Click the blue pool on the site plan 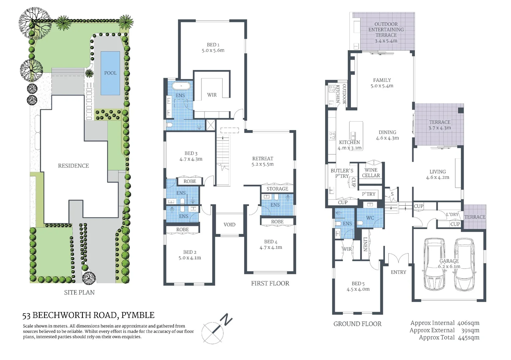[x=110, y=73]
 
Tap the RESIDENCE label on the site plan [x=73, y=166]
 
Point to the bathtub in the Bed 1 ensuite [x=181, y=86]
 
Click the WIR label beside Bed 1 [x=212, y=95]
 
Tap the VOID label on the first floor [x=229, y=225]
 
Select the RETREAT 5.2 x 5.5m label [x=263, y=161]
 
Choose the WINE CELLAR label [x=371, y=173]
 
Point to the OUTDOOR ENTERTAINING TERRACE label [x=386, y=32]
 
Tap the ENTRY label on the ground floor [x=398, y=272]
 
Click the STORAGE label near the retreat [x=277, y=189]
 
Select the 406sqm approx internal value [x=468, y=323]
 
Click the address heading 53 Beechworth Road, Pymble [x=88, y=315]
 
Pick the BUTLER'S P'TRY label [x=342, y=173]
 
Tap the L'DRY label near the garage [x=452, y=214]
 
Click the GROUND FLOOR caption [x=357, y=324]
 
